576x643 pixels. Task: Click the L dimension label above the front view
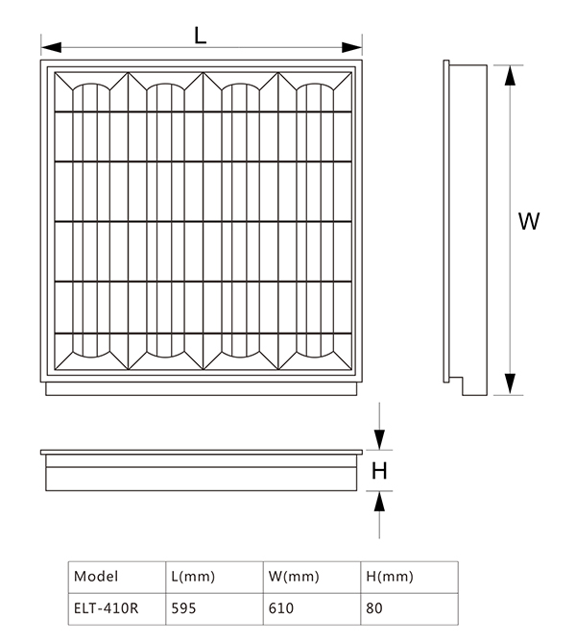pyautogui.click(x=200, y=36)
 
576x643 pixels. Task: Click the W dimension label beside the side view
pyautogui.click(x=529, y=221)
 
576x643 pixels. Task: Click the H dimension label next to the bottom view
pyautogui.click(x=379, y=471)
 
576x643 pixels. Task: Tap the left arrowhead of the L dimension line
pyautogui.click(x=51, y=47)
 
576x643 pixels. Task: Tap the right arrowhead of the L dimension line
pyautogui.click(x=352, y=47)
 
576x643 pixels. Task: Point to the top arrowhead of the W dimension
pyautogui.click(x=510, y=76)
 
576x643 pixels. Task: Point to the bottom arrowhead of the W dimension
pyautogui.click(x=510, y=384)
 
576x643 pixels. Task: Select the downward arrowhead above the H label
pyautogui.click(x=379, y=439)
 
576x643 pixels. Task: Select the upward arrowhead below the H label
pyautogui.click(x=379, y=501)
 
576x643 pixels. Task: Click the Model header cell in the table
pyautogui.click(x=96, y=576)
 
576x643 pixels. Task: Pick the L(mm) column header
pyautogui.click(x=193, y=577)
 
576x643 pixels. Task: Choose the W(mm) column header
pyautogui.click(x=294, y=577)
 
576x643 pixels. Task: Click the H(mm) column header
pyautogui.click(x=390, y=577)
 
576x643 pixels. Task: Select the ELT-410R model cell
pyautogui.click(x=107, y=607)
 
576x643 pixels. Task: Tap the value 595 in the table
pyautogui.click(x=183, y=607)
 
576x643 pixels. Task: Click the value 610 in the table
pyautogui.click(x=281, y=607)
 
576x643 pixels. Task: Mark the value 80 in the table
pyautogui.click(x=374, y=607)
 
